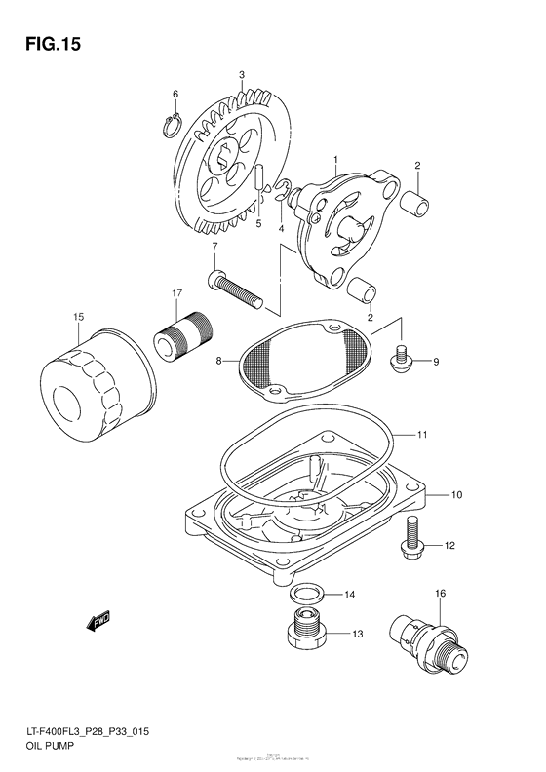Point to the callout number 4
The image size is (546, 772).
pos(281,229)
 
